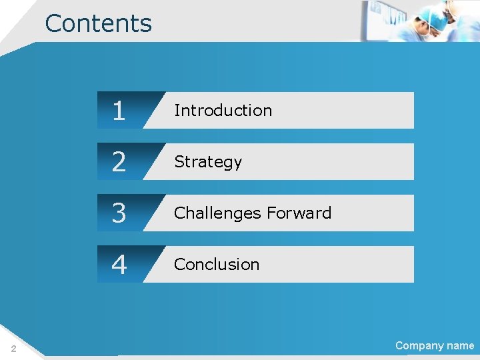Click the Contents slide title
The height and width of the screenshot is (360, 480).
pyautogui.click(x=99, y=23)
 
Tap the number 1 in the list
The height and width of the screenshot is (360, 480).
pyautogui.click(x=119, y=111)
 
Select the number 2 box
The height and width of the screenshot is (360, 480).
pyautogui.click(x=119, y=162)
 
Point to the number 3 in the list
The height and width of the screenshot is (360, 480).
pyautogui.click(x=119, y=213)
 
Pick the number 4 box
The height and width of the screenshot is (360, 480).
pyautogui.click(x=119, y=265)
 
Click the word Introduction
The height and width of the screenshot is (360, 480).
pyautogui.click(x=223, y=111)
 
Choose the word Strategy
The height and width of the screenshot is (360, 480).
pyautogui.click(x=207, y=162)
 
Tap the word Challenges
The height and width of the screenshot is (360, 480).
pyautogui.click(x=217, y=213)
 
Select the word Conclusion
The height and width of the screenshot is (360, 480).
pyautogui.click(x=216, y=265)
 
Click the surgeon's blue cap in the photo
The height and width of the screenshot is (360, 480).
pyautogui.click(x=437, y=19)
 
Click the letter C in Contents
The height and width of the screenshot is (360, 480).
pyautogui.click(x=53, y=23)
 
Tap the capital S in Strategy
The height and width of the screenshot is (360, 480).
pyautogui.click(x=179, y=162)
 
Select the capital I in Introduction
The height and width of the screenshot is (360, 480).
pyautogui.click(x=176, y=111)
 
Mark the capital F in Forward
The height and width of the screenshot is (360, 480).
pyautogui.click(x=270, y=213)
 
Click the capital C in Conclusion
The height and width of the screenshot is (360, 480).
pyautogui.click(x=179, y=265)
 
